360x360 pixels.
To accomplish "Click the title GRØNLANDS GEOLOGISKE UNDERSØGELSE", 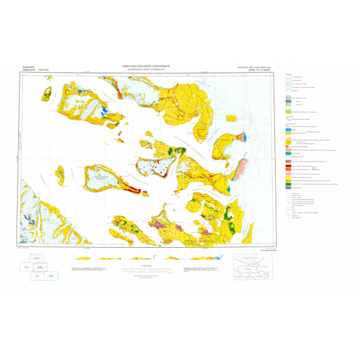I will pyautogui.click(x=146, y=67).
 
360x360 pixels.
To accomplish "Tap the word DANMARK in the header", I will pyautogui.click(x=28, y=66).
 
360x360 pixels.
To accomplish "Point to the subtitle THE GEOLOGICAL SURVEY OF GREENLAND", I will pyautogui.click(x=146, y=70).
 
